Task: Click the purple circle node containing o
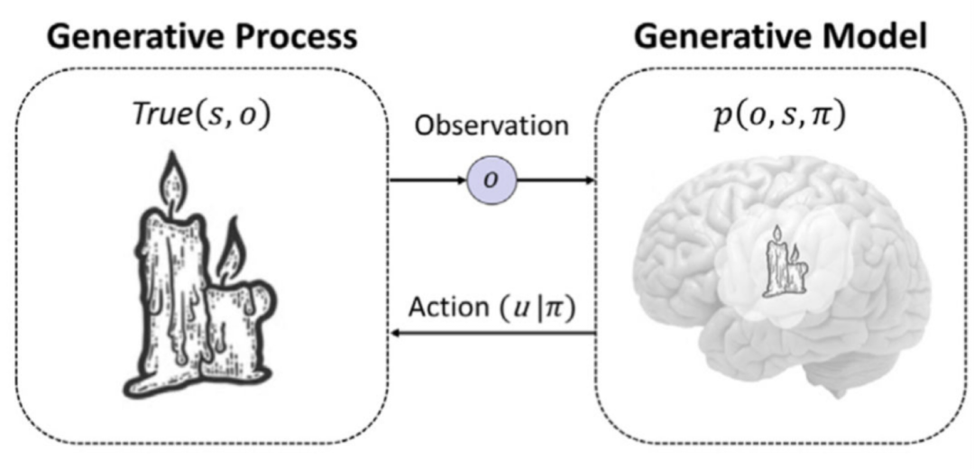(492, 180)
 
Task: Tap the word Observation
(492, 127)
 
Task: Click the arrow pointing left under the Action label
(492, 335)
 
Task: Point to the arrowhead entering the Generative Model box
(590, 180)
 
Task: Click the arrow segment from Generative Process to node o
(428, 180)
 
